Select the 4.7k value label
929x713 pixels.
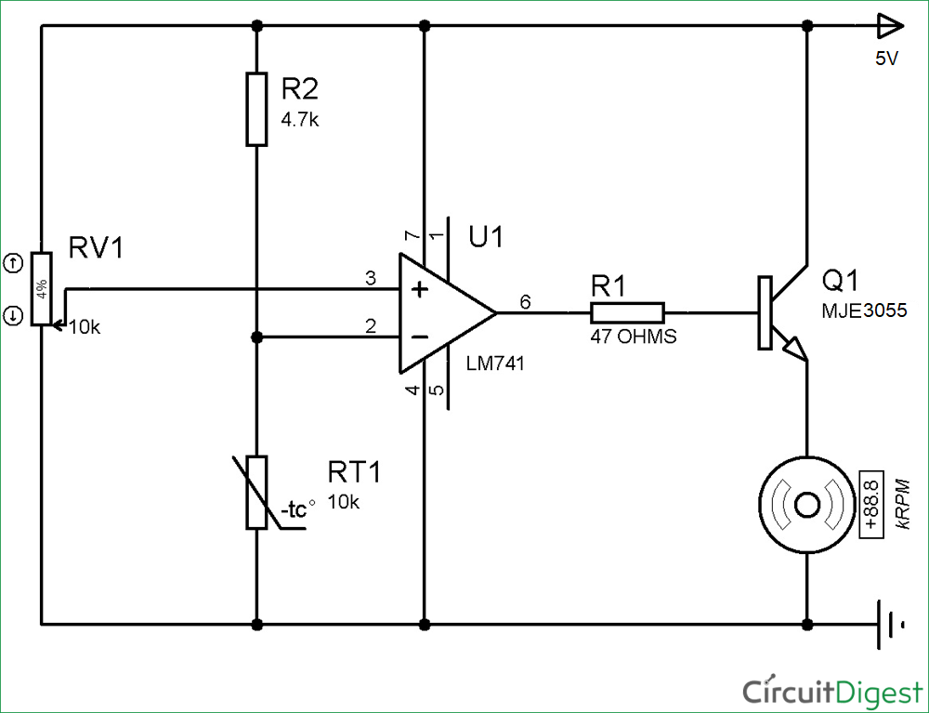pos(300,119)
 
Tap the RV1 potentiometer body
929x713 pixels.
pos(41,289)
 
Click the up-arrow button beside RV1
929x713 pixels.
pos(14,264)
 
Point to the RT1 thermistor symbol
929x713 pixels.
pos(257,493)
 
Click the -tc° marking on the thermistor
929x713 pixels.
pos(297,508)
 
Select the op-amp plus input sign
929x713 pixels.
pos(420,290)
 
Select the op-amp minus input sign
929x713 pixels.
pos(420,337)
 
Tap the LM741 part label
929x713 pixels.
pos(496,364)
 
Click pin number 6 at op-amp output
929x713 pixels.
pos(525,302)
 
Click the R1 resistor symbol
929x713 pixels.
pos(628,313)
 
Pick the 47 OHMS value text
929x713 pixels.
pos(633,337)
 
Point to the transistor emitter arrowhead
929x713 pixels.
pos(794,349)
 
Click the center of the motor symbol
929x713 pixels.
pos(806,505)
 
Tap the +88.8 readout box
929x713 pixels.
pos(871,503)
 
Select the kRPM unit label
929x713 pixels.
pos(902,504)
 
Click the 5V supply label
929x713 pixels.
pos(886,58)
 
